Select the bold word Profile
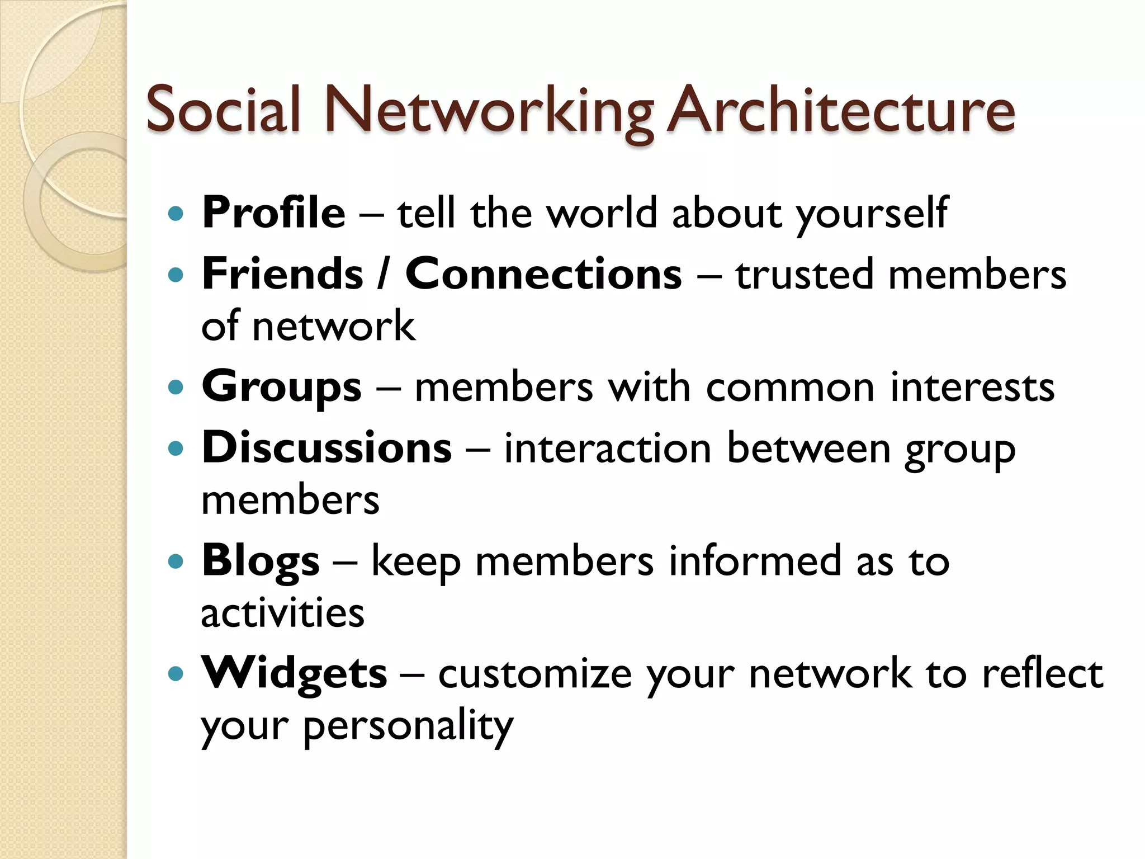274,213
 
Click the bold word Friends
283,273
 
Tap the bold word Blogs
261,561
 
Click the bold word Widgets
294,673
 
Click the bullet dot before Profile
176,214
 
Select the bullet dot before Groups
176,387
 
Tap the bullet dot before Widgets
176,673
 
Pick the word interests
972,387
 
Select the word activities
282,613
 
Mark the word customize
534,673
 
